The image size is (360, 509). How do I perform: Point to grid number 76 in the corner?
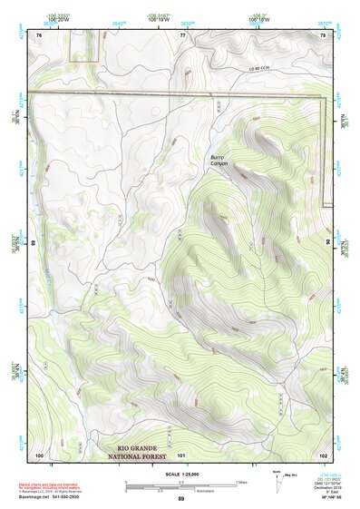(39, 34)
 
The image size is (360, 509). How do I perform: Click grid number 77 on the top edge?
(182, 34)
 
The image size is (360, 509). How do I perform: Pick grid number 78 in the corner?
(323, 34)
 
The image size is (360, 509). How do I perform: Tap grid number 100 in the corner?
(39, 454)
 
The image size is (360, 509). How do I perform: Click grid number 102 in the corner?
(323, 454)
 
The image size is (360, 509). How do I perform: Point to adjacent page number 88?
(34, 243)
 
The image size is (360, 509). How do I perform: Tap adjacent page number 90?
(328, 243)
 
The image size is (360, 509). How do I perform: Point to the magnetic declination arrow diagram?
(278, 482)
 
